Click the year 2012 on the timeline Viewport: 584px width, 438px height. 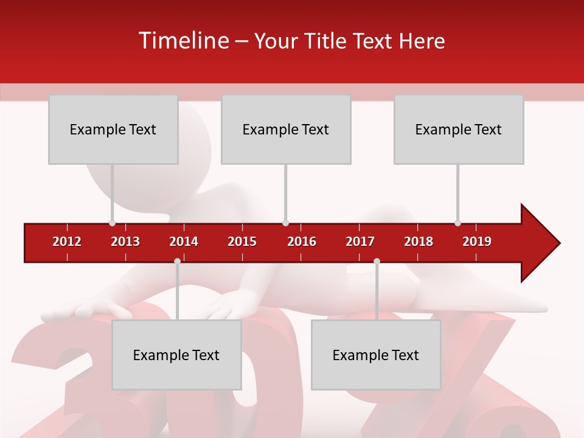coord(67,242)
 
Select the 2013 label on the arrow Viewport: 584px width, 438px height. coord(125,242)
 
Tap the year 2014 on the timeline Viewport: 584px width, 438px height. coord(184,242)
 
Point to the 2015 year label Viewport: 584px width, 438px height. coord(242,242)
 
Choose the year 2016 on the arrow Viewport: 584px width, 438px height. coord(302,242)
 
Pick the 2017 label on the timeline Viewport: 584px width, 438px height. coord(360,242)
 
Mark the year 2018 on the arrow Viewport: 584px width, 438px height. coord(419,242)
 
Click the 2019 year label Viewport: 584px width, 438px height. coord(477,242)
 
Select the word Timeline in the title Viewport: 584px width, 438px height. coord(183,41)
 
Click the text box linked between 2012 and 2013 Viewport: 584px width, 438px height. coord(113,129)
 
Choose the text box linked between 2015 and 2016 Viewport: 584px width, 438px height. coord(286,129)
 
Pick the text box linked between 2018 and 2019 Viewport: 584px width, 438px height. coord(459,129)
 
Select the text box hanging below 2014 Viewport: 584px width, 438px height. coord(176,355)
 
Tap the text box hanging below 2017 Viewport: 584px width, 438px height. coord(376,355)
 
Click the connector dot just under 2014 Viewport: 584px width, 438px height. coord(177,261)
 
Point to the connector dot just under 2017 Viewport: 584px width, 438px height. coord(377,261)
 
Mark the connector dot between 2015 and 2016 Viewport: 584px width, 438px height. coord(285,223)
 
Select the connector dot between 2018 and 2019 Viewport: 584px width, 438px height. coord(457,223)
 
